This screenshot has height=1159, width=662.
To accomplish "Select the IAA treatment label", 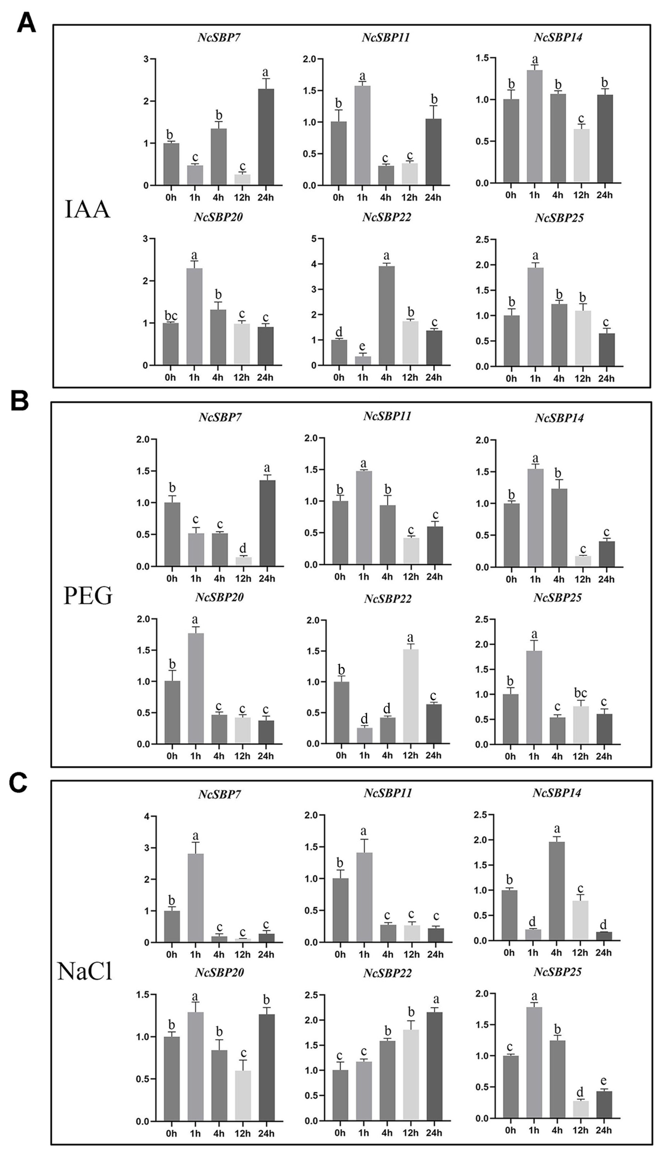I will click(87, 210).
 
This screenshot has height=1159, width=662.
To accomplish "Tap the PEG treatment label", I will click(88, 596).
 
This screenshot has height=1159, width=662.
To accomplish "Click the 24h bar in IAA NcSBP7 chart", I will click(266, 136).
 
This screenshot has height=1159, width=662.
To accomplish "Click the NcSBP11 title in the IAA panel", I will click(386, 37).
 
